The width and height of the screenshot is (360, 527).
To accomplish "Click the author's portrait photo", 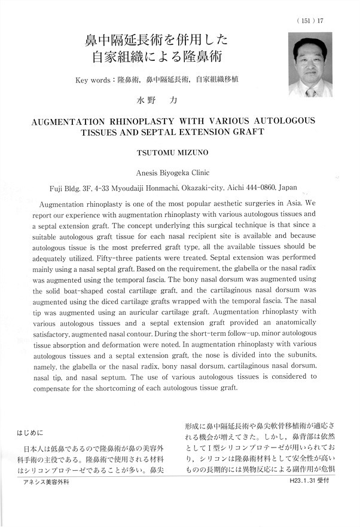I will click(x=310, y=65).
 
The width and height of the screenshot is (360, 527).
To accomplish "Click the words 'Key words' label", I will click(x=94, y=80).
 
